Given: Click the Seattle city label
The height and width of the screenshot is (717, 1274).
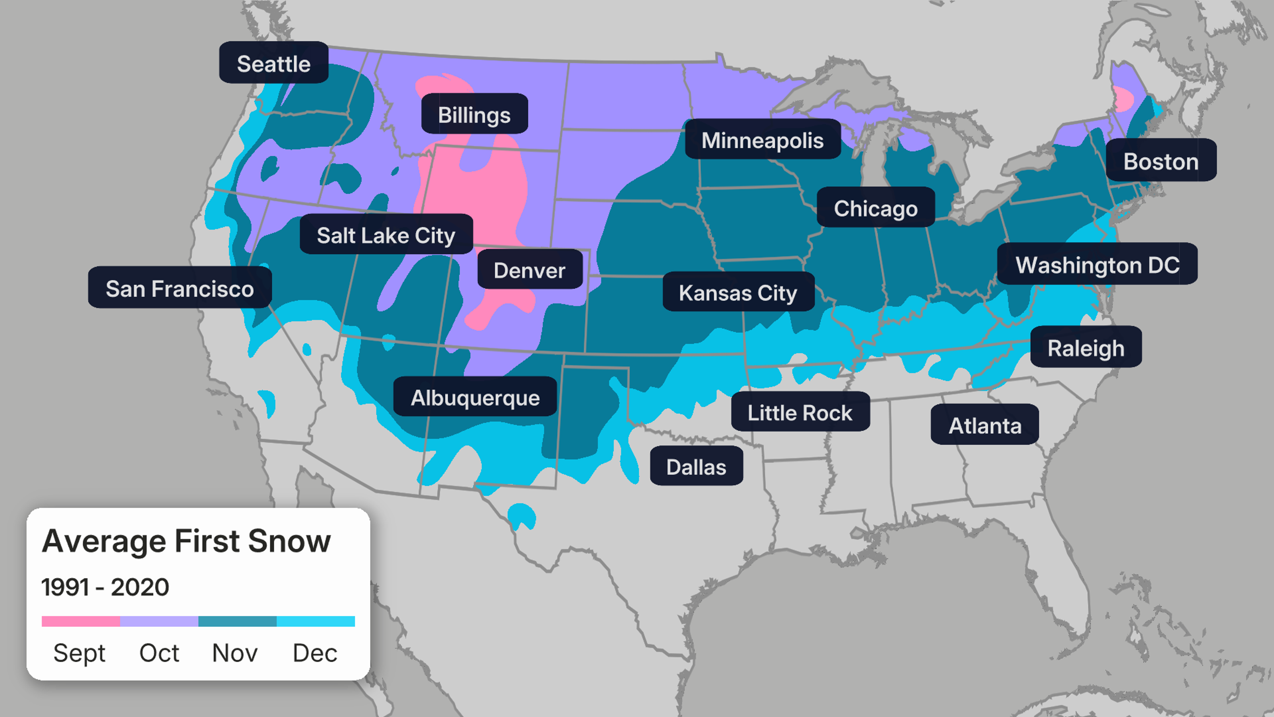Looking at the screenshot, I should click(273, 63).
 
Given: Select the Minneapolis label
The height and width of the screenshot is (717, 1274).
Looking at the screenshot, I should click(762, 140).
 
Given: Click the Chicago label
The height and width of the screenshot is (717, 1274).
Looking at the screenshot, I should click(876, 208).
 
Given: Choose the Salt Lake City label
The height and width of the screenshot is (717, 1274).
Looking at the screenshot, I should click(386, 235).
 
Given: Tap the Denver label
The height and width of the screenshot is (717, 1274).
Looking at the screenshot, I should click(529, 270).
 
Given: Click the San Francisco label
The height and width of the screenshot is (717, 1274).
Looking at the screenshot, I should click(179, 288).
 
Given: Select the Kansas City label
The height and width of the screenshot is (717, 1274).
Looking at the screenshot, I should click(738, 292).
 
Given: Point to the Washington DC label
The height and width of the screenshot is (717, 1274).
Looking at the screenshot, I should click(1097, 265).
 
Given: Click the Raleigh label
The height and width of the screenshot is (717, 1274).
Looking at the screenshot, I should click(1086, 348).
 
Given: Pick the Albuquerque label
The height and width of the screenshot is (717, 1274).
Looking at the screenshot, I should click(475, 397).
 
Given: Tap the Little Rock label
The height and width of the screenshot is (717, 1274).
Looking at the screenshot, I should click(800, 412).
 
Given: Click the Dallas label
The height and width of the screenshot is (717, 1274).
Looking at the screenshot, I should click(696, 467).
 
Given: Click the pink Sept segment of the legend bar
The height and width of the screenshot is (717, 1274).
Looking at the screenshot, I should click(81, 621).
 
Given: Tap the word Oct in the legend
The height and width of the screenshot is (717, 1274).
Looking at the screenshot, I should click(159, 653).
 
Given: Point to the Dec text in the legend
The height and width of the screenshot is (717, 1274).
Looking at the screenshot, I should click(315, 653).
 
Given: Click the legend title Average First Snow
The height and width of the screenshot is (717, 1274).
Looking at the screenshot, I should click(186, 541).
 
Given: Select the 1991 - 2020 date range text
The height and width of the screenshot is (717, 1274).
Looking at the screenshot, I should click(105, 587).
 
